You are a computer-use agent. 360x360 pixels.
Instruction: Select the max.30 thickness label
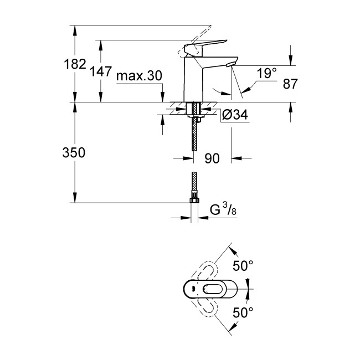(x=139, y=76)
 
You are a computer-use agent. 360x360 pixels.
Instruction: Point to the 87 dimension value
(x=290, y=84)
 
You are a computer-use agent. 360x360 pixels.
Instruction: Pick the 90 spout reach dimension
(x=212, y=158)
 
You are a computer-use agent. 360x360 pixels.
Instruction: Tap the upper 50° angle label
(x=243, y=266)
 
